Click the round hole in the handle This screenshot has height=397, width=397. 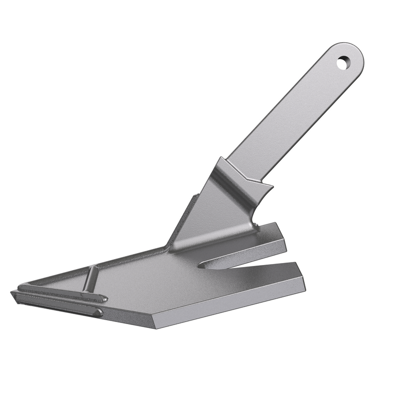pos(343,63)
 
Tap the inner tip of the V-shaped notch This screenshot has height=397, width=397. pos(201,265)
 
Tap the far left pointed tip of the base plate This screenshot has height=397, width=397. pos(12,293)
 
